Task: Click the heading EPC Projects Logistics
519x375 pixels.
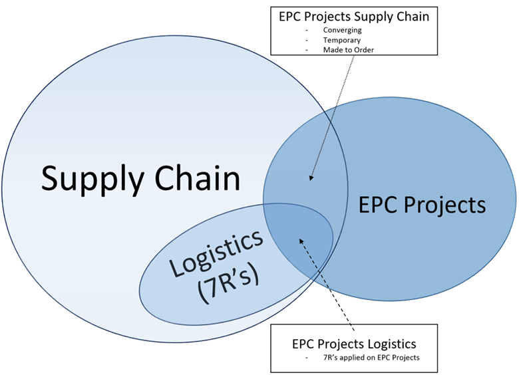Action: click(x=354, y=344)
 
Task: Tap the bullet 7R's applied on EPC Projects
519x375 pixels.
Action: click(x=369, y=358)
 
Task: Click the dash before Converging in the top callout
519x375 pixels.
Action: click(x=307, y=30)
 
